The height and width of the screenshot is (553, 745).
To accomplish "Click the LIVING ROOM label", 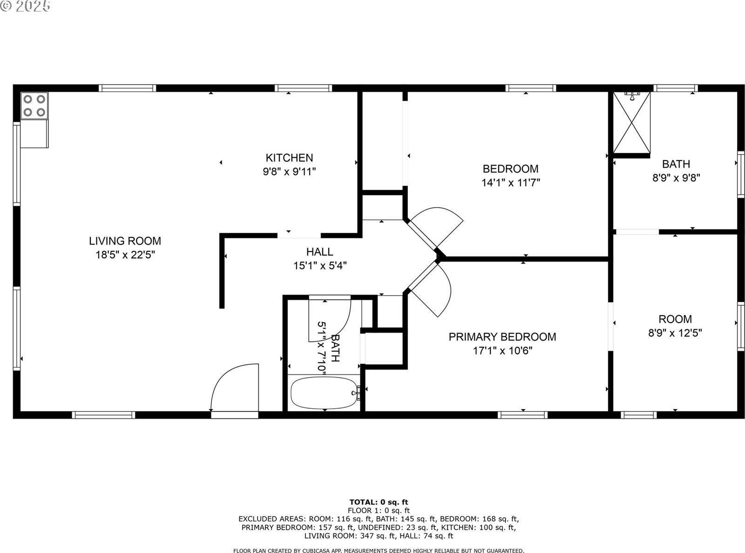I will coord(125,241).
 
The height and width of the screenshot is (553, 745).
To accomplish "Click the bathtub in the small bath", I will coord(324,393).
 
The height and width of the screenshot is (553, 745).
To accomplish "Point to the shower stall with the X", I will coord(631,123).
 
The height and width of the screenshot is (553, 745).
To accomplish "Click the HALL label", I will coord(319,252).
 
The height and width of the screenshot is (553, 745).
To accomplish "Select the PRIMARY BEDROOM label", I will coord(502,337).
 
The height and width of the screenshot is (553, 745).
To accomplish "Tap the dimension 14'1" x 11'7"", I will coord(510,182).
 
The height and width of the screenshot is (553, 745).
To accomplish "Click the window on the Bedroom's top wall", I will coord(530,88).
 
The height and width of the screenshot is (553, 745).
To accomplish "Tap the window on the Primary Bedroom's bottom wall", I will coord(522,415).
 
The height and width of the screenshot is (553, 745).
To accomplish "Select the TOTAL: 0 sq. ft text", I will coord(379,502).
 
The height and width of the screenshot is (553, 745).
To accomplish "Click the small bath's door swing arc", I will coord(331,321).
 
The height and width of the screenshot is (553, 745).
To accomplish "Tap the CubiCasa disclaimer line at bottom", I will coord(378,550).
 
